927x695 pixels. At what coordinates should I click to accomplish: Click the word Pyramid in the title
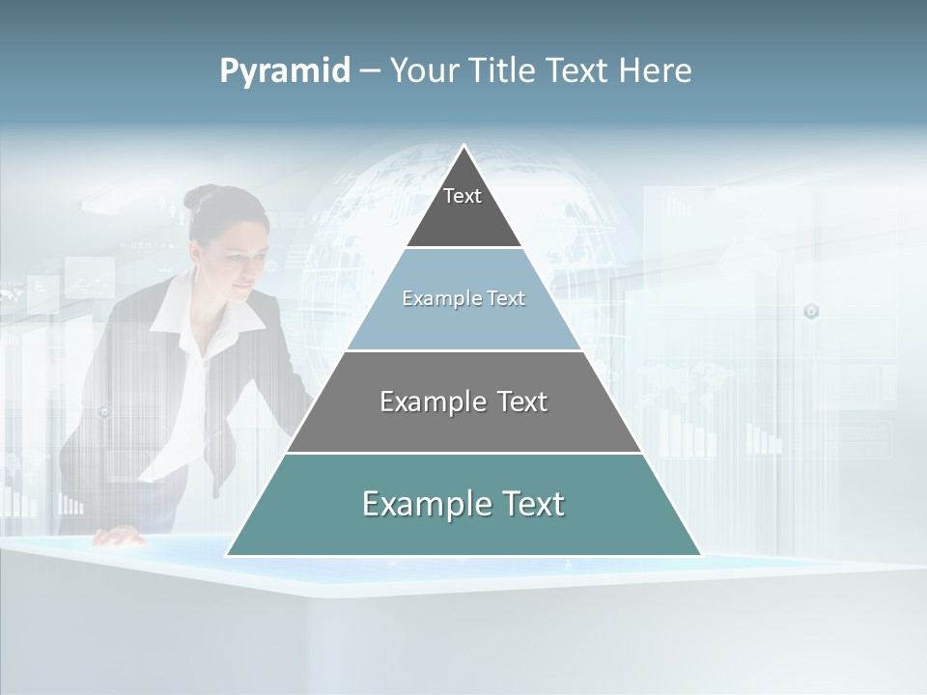click(x=284, y=70)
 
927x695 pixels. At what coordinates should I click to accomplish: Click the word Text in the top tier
click(x=463, y=196)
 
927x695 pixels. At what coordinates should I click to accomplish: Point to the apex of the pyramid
click(x=464, y=148)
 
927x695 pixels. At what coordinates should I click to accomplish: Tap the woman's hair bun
click(x=199, y=197)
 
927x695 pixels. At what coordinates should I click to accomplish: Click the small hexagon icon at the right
click(x=811, y=311)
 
